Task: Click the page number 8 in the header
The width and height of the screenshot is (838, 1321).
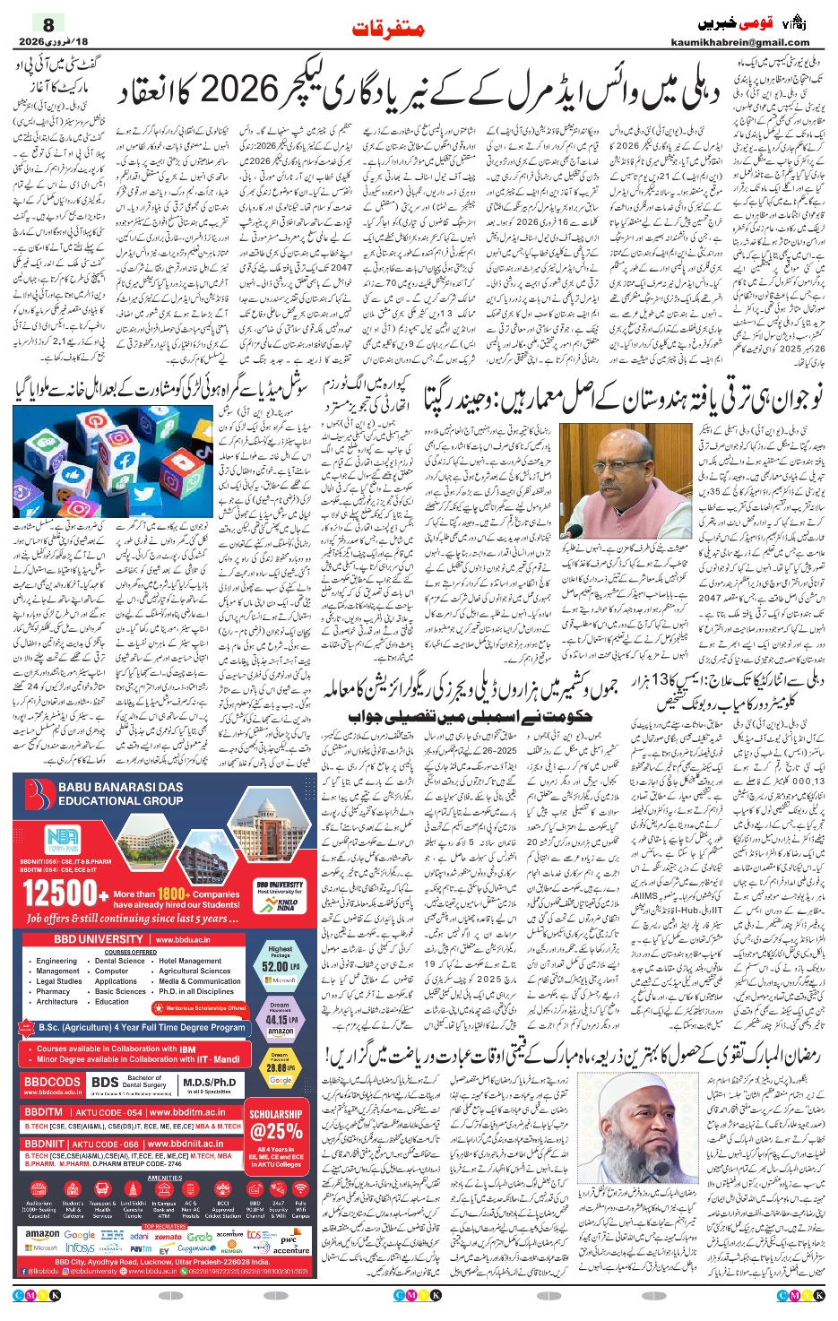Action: (48, 24)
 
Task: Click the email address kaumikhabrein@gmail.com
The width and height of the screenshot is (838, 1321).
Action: (739, 42)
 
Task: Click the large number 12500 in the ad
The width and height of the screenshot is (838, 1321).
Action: (59, 893)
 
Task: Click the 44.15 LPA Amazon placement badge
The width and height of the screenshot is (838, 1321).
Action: (278, 1019)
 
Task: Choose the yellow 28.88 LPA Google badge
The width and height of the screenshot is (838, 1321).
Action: (278, 1068)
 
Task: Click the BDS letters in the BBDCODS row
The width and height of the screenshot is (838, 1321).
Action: (105, 1083)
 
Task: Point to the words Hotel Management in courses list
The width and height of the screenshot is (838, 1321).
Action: (190, 961)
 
